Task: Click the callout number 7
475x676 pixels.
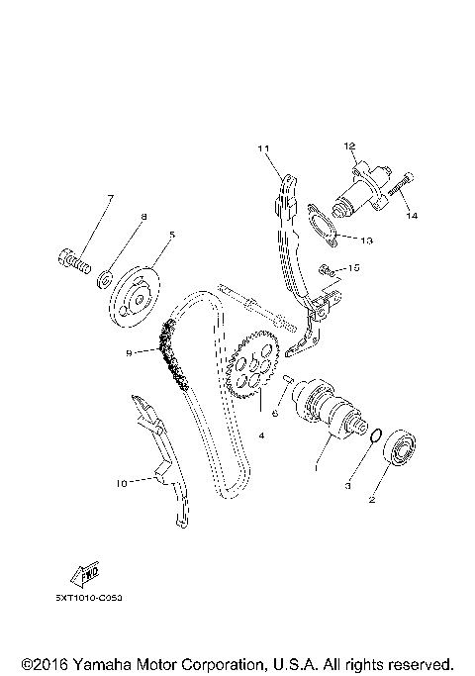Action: (x=110, y=199)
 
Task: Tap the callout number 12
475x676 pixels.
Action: (x=349, y=146)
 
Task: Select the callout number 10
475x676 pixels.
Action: (x=122, y=484)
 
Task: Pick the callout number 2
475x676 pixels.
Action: (x=372, y=501)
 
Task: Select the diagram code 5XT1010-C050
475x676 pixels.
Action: (x=96, y=600)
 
